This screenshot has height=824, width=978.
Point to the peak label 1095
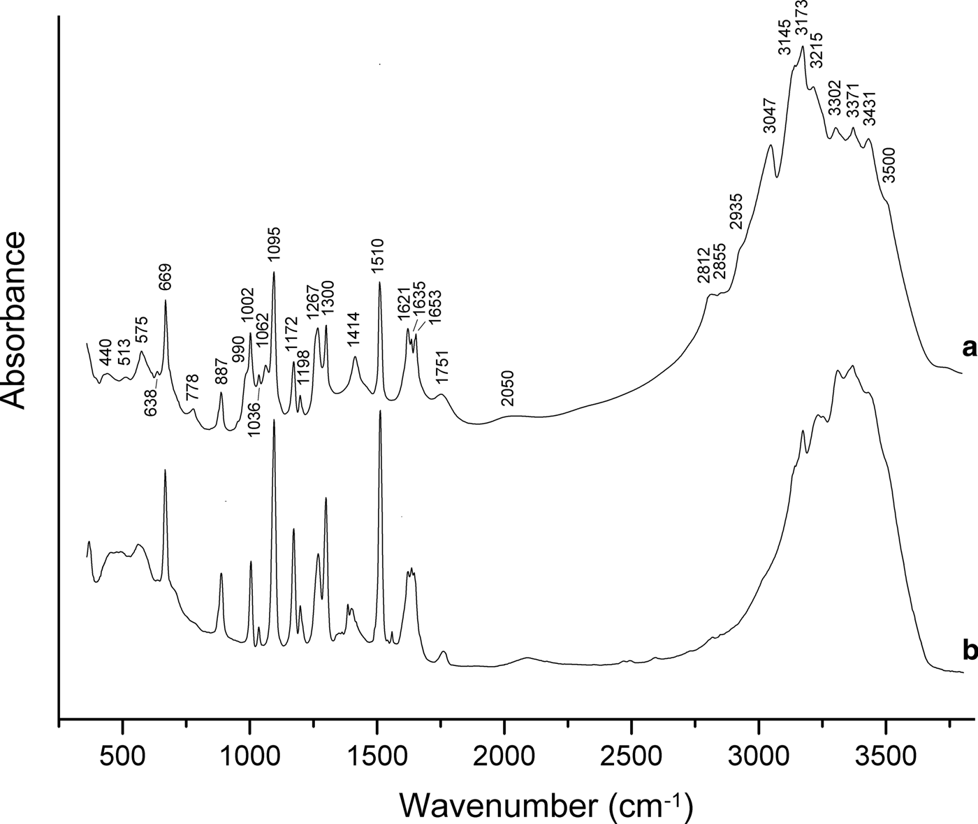pos(273,244)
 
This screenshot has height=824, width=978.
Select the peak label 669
pos(165,277)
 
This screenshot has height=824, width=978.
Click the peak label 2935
pos(736,210)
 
